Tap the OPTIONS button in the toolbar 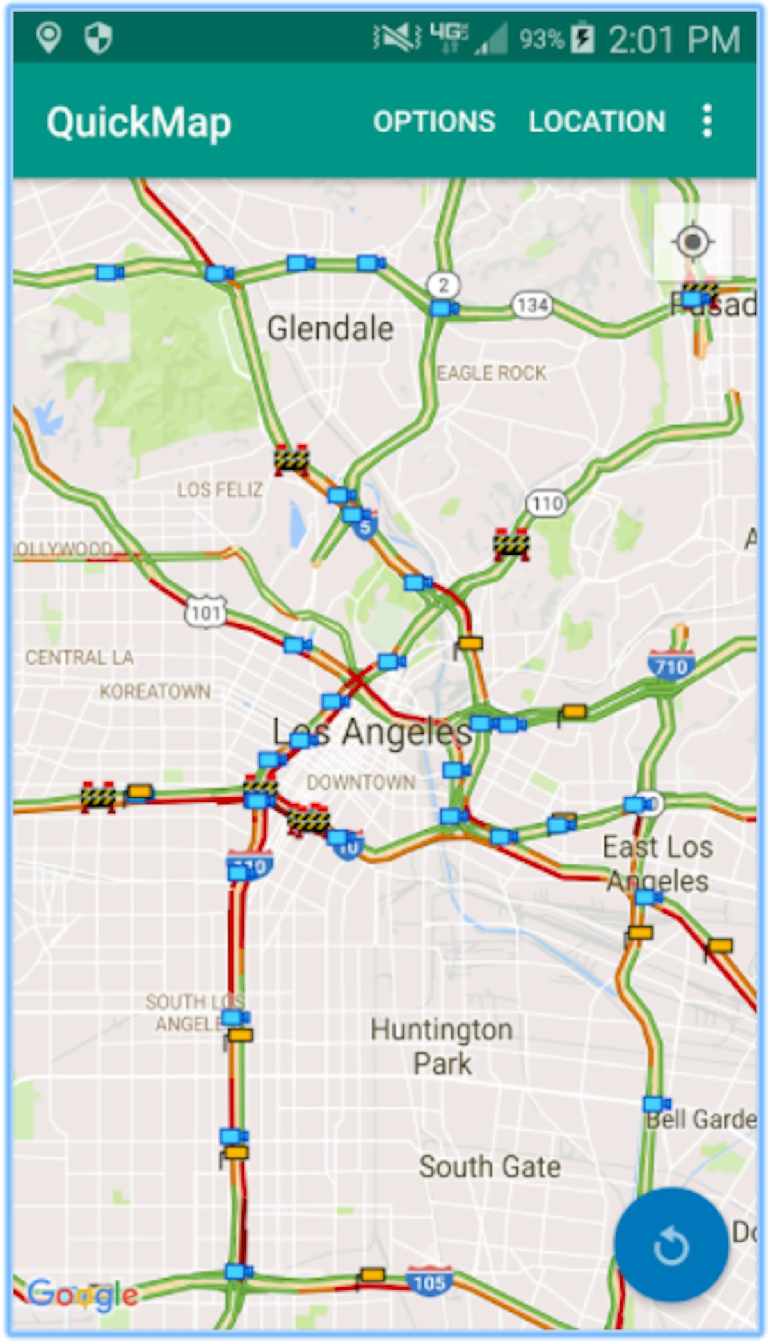(x=434, y=122)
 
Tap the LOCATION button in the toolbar (x=596, y=122)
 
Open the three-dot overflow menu (x=707, y=121)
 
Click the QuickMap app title (x=138, y=122)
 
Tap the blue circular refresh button (x=671, y=1244)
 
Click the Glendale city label (x=330, y=329)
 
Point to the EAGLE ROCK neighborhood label (x=491, y=373)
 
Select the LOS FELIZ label (x=220, y=490)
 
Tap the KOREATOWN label (x=155, y=692)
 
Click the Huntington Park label (x=442, y=1046)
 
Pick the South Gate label (x=490, y=1166)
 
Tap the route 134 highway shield (x=532, y=305)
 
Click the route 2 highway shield (x=444, y=285)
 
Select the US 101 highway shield (x=205, y=613)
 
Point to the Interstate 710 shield (x=671, y=666)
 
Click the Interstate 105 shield (x=429, y=1282)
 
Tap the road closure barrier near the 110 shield (x=511, y=544)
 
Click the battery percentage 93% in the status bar (x=541, y=40)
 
